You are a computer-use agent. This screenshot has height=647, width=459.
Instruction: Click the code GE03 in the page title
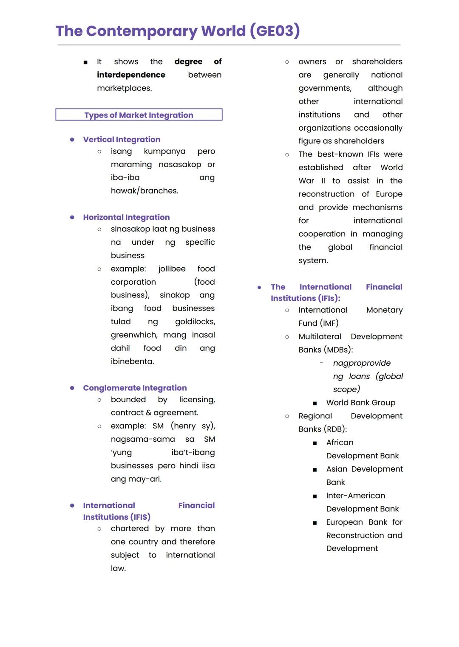(275, 31)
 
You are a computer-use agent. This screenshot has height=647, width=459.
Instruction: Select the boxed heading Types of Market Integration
(139, 115)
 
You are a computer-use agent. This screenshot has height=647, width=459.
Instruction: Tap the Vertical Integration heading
(122, 140)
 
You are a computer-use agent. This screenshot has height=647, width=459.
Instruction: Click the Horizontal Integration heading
(126, 217)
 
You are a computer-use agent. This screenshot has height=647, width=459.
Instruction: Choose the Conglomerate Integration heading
(135, 388)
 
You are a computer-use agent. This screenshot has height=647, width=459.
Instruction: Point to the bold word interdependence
(131, 75)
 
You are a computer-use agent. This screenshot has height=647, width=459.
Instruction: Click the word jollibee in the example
(172, 269)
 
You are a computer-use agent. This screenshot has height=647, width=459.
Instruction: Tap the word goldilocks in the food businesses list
(195, 322)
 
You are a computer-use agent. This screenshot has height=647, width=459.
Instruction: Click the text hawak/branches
(144, 191)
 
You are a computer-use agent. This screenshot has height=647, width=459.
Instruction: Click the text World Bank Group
(360, 403)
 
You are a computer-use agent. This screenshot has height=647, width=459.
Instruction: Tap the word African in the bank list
(340, 443)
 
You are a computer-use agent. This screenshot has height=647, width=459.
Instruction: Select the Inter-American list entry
(355, 496)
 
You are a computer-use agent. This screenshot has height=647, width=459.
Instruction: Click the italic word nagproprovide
(362, 363)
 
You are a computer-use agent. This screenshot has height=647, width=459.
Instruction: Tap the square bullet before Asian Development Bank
(314, 470)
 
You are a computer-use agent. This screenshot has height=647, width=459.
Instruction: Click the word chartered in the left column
(130, 529)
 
